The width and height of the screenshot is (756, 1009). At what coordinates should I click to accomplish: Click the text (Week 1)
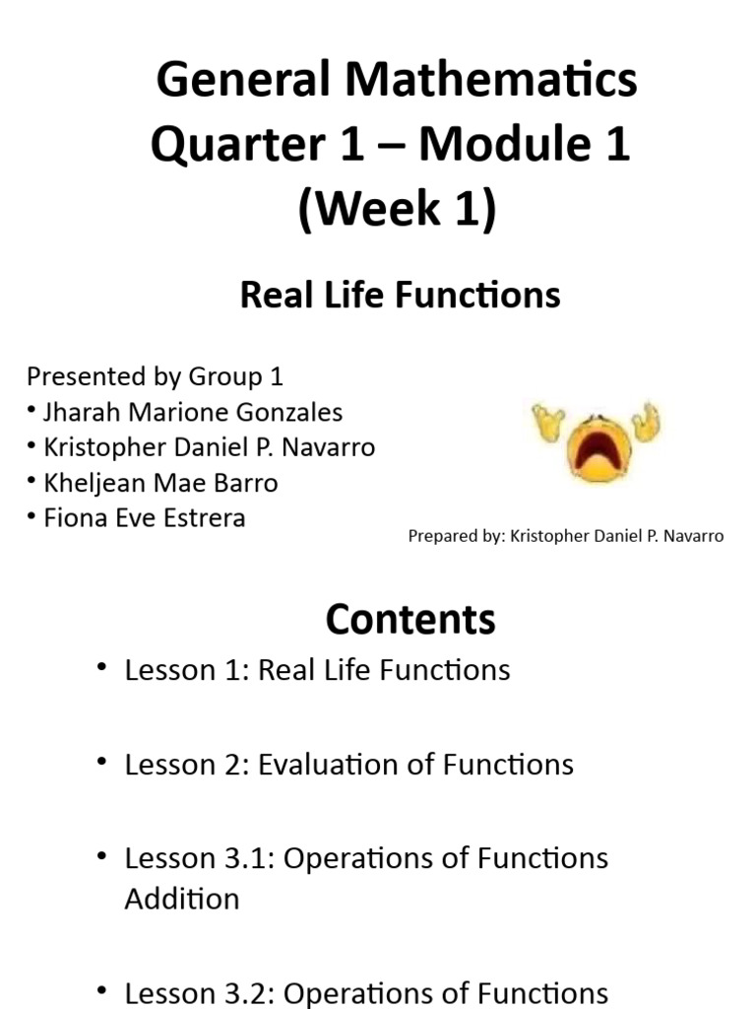coord(398,211)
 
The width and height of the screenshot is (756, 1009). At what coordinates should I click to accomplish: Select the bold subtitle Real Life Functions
coord(400,295)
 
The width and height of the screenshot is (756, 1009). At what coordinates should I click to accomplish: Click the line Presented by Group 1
coord(155,376)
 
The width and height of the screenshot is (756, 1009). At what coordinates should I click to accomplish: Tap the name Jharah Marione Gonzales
coord(193,412)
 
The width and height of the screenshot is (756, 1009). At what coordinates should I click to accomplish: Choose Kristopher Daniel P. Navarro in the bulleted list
coord(209,447)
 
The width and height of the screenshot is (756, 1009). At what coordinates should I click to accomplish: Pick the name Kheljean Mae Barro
coord(160,483)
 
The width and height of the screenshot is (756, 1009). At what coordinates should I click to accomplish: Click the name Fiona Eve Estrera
coord(145,518)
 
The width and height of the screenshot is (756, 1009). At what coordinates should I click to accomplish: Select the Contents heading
coord(410,620)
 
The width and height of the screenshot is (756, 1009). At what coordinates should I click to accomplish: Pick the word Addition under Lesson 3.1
coord(182,899)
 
